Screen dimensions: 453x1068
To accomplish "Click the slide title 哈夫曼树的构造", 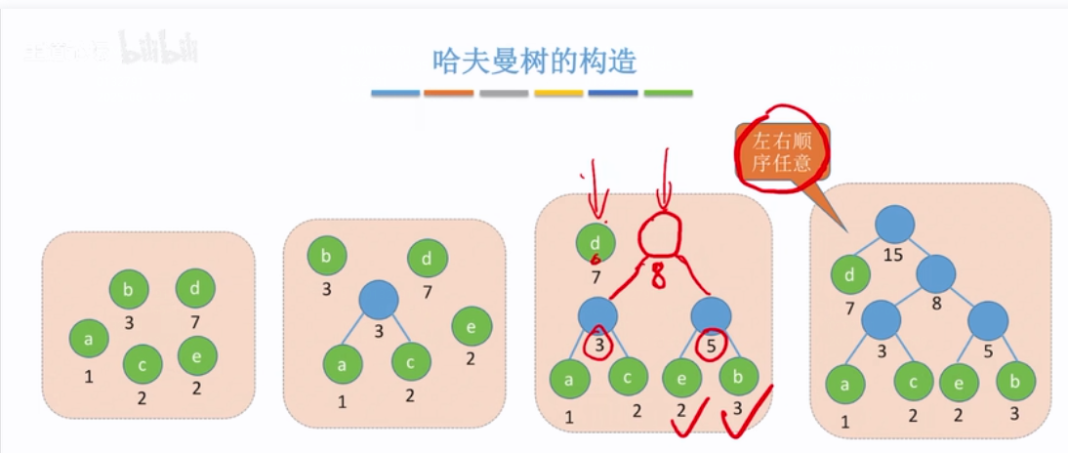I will click(534, 62).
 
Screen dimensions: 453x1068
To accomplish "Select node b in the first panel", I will click(128, 289).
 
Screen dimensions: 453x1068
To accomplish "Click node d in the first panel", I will click(194, 288).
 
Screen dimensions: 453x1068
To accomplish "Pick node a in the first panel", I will click(89, 339).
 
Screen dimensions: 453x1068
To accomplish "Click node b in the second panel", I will click(327, 257).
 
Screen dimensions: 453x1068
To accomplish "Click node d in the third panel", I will click(596, 240).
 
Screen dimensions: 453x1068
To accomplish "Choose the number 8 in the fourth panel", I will click(936, 304).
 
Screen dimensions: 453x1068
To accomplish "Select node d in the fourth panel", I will click(851, 275).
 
